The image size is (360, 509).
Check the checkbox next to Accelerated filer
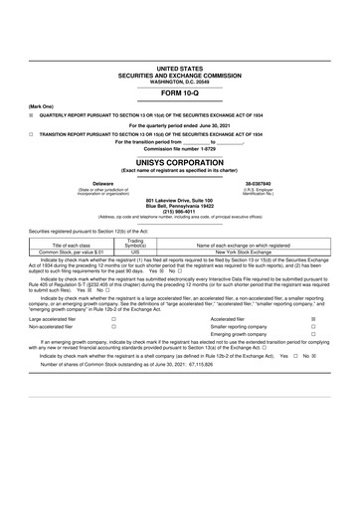(x=313, y=319)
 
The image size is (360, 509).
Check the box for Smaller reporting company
(x=313, y=326)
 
